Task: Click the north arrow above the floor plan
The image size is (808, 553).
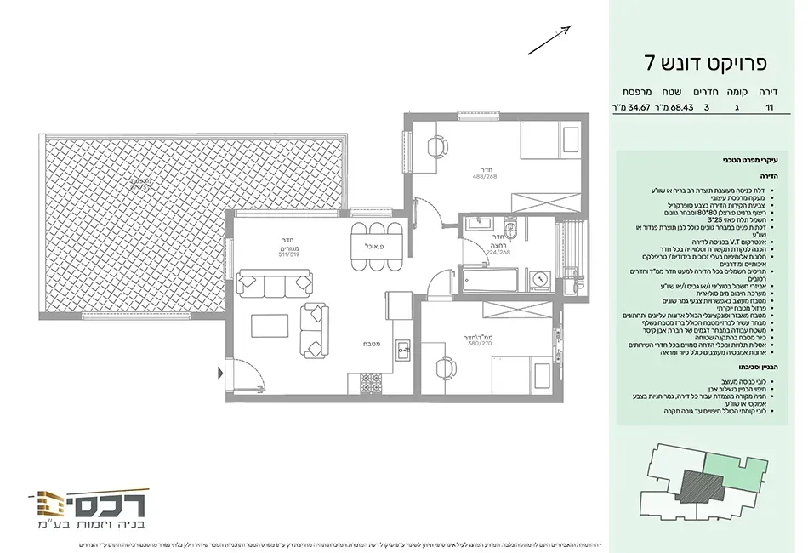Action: (549, 40)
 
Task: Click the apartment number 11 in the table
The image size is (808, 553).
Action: (770, 108)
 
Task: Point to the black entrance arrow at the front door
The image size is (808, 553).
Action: (222, 372)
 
